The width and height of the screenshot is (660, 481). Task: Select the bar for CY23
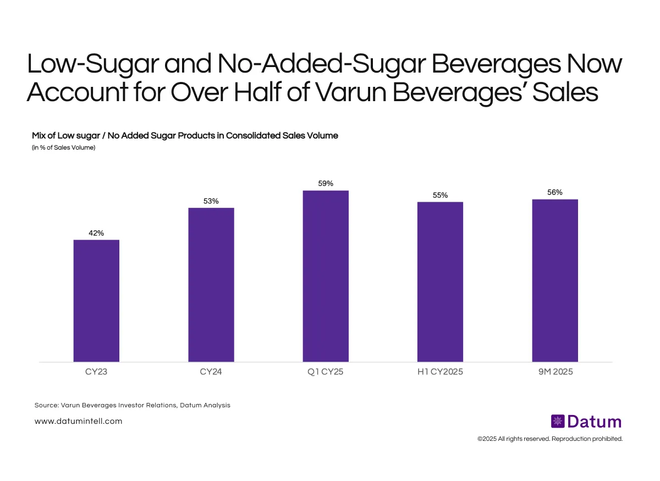[96, 301]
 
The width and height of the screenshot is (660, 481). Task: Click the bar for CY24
[211, 285]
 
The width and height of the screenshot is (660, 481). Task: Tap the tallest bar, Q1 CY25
[326, 276]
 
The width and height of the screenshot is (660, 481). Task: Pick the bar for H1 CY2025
[440, 282]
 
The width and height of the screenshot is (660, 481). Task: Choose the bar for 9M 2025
[555, 280]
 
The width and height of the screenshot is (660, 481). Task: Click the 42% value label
[96, 233]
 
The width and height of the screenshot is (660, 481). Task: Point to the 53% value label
[211, 201]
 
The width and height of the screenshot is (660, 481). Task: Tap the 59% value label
[326, 184]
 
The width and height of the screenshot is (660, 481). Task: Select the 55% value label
[440, 195]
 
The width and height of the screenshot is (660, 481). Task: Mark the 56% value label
[555, 192]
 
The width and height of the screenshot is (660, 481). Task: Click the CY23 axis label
[96, 372]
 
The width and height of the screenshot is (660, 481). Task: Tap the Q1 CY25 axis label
[326, 372]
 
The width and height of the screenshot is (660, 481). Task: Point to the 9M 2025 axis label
[555, 372]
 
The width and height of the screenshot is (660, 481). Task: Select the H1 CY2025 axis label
[440, 372]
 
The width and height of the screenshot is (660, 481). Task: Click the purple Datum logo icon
[558, 422]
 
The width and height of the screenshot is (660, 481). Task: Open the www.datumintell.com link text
[78, 422]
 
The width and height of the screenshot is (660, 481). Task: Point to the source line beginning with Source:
[132, 405]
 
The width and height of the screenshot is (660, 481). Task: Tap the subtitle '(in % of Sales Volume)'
[64, 147]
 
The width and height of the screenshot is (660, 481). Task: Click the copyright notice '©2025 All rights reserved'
[549, 439]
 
